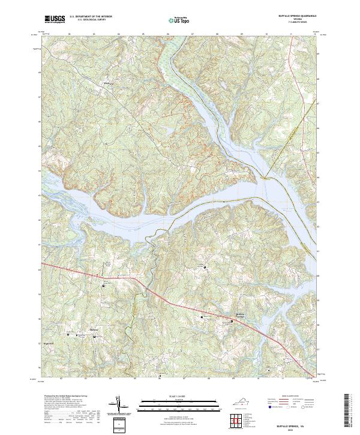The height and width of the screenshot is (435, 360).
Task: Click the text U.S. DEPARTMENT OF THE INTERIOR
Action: [90, 17]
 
